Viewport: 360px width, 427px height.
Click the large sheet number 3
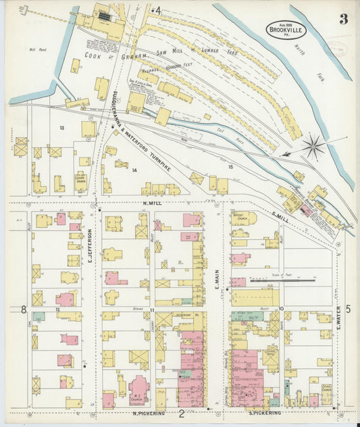click(x=343, y=18)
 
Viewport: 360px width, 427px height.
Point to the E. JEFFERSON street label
click(x=89, y=245)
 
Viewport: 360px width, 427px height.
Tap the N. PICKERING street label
click(x=151, y=412)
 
